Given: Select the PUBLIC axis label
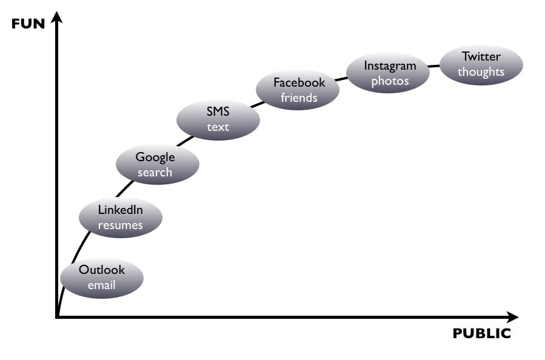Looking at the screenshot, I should [481, 334].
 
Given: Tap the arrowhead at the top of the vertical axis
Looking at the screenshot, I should [56, 18].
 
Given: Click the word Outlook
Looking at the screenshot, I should [102, 270].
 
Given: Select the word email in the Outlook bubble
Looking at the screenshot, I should [102, 285].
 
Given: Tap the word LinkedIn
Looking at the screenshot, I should [121, 210].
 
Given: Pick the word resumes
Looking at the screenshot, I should [121, 225].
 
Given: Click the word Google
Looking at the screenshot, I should [155, 157].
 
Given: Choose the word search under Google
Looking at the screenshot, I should [155, 172].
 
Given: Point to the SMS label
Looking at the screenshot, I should [218, 112].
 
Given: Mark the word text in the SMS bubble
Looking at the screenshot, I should [218, 127].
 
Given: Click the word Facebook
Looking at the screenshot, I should [299, 82].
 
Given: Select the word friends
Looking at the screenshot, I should [299, 97].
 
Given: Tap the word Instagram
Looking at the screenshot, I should [390, 65].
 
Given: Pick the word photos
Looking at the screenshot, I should [390, 81].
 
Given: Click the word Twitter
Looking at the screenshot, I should [481, 56].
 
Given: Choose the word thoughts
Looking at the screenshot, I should [481, 72].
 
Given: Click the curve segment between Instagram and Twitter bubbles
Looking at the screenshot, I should [434, 65].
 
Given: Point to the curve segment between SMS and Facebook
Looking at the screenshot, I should [258, 104].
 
